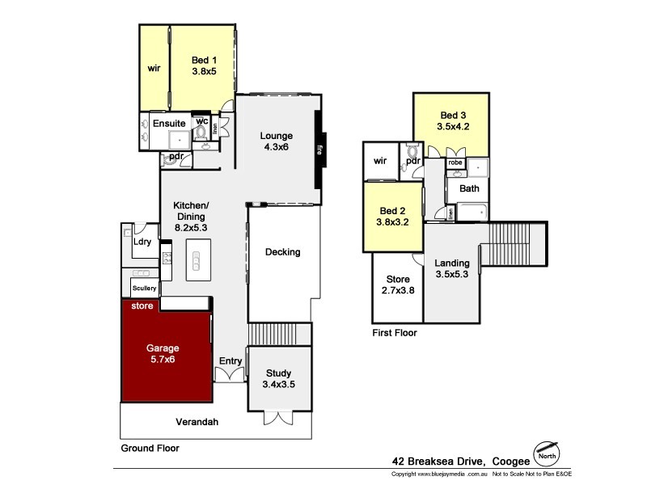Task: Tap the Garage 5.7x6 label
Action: pos(163,354)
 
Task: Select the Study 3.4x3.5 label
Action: pos(280,378)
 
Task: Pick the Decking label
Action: pos(282,252)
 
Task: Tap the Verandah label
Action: pos(198,422)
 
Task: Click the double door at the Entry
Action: pos(229,374)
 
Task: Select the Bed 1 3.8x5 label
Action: pos(205,65)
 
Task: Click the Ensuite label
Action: pos(169,124)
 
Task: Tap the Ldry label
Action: pos(142,242)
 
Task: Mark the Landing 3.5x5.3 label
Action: pos(452,268)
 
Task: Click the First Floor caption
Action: pos(394,332)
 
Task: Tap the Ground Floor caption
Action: pos(150,448)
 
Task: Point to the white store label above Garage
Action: pos(142,306)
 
